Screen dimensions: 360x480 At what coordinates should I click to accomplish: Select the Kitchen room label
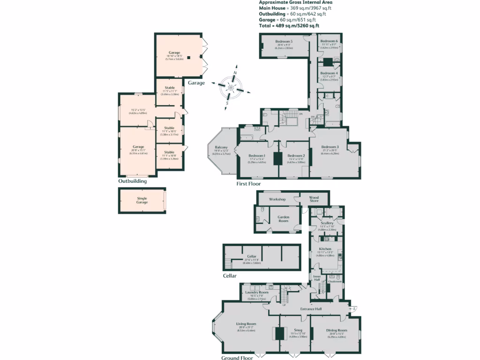coord(325,249)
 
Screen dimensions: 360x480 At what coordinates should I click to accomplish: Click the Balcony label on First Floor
coord(221,147)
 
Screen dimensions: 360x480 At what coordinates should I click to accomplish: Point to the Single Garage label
coord(142,200)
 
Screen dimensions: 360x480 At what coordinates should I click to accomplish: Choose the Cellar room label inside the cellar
coord(252,256)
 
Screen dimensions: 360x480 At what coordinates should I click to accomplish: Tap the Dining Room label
coord(337,330)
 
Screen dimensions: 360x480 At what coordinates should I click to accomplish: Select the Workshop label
coord(277,199)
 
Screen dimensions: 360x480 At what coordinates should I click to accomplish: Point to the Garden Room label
coord(283,217)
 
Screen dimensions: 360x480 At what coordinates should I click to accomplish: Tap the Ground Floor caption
coord(237,358)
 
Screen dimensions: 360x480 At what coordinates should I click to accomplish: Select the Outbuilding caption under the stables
coord(133,181)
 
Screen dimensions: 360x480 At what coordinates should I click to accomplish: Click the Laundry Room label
coord(257,292)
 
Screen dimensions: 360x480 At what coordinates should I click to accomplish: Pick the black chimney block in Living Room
coord(280,333)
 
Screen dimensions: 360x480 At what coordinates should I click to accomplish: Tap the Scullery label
coord(327,223)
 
